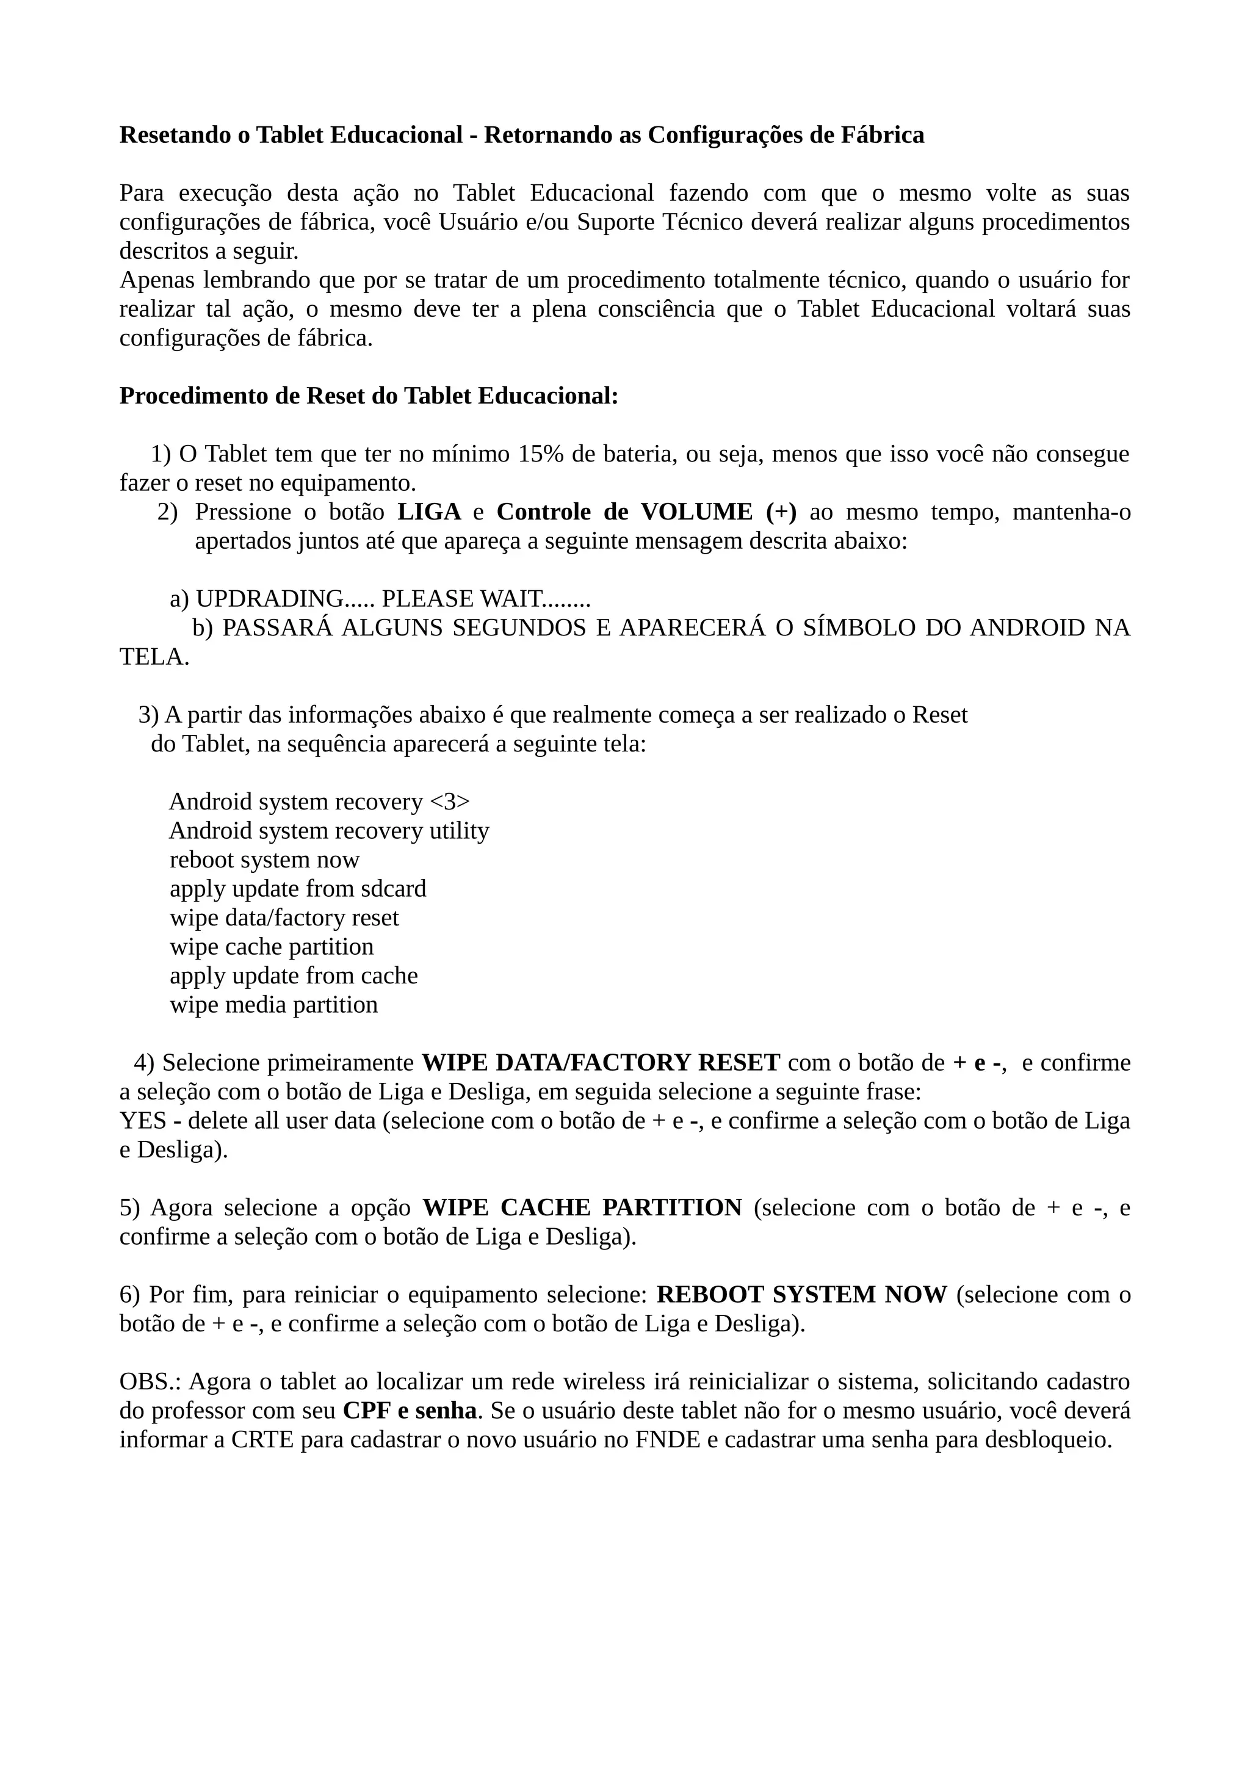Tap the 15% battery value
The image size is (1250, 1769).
click(x=541, y=455)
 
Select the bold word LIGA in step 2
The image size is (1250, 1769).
click(x=429, y=512)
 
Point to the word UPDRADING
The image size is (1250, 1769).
click(x=270, y=599)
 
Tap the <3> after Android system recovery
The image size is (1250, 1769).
click(x=449, y=802)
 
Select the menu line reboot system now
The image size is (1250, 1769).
click(x=264, y=860)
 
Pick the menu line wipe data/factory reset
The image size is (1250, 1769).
click(x=284, y=919)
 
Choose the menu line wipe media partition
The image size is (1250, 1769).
click(x=273, y=1005)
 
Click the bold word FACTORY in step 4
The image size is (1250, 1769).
click(x=630, y=1063)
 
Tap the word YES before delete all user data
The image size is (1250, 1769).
click(x=142, y=1121)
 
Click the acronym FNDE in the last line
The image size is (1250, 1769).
click(x=667, y=1440)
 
